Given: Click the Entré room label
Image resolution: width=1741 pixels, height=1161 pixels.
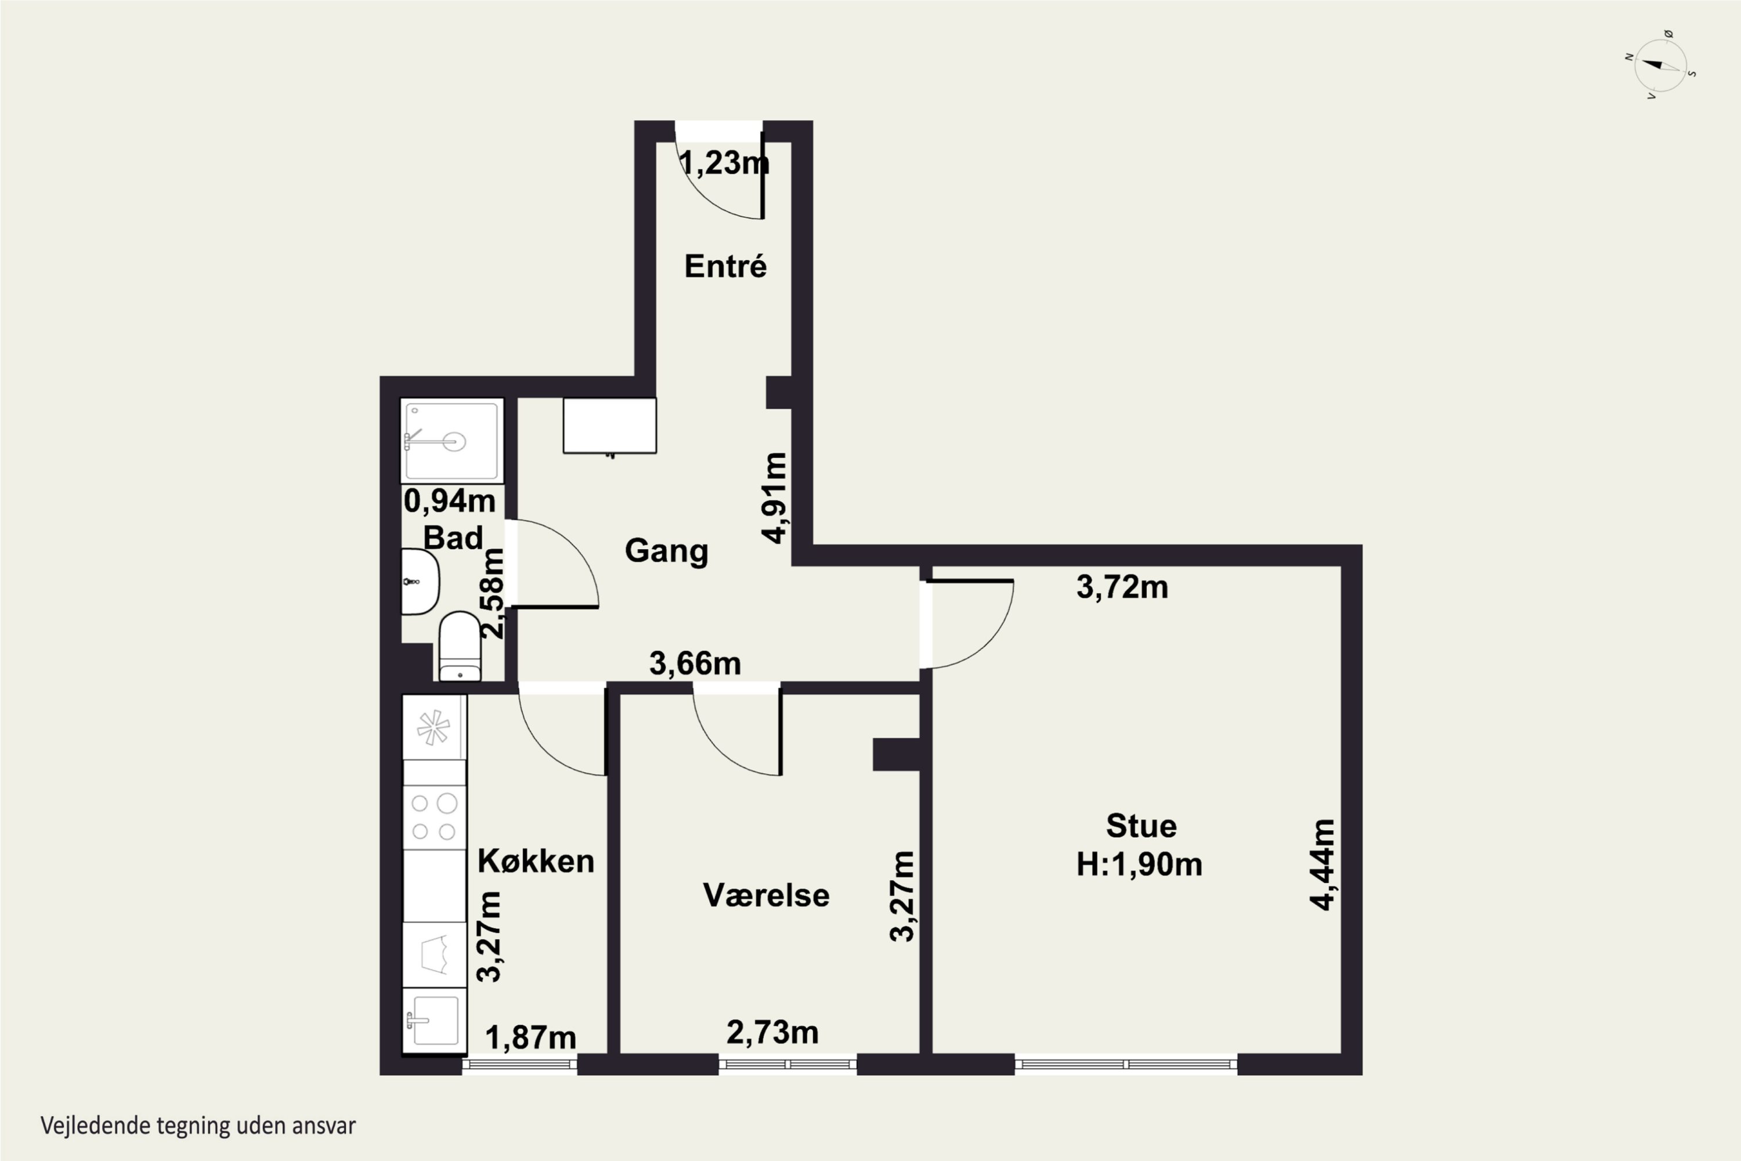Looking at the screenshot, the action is [x=725, y=266].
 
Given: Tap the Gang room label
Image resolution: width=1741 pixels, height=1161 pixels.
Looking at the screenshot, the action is [x=666, y=551].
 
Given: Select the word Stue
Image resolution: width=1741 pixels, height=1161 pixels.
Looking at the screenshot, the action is [x=1141, y=825].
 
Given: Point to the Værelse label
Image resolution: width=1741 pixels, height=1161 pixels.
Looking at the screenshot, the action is [x=766, y=895].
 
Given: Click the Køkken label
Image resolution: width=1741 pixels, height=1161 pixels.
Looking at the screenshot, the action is [x=536, y=861].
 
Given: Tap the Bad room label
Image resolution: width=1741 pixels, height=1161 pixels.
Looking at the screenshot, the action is [x=452, y=538].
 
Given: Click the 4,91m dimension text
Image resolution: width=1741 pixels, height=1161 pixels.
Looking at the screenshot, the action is [x=775, y=497].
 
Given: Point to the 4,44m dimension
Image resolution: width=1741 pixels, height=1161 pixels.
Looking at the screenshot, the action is [x=1322, y=864].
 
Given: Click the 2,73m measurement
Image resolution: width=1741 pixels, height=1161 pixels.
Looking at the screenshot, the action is [x=772, y=1032].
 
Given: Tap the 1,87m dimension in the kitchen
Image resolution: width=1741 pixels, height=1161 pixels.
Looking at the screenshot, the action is [x=530, y=1037].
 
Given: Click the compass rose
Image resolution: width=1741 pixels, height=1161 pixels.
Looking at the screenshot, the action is [x=1660, y=65].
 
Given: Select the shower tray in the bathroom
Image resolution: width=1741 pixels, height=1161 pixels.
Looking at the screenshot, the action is [x=451, y=441].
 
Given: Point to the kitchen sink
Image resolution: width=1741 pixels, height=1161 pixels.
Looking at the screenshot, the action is [x=435, y=1021].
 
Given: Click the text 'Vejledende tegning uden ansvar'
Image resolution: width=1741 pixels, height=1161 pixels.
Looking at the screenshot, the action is [x=198, y=1126].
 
